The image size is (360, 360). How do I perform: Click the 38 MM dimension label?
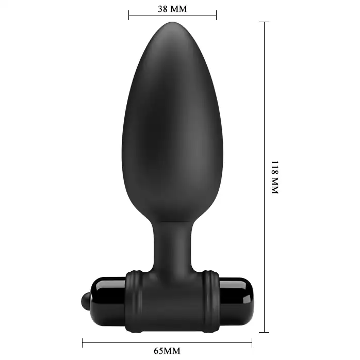pos(172,9)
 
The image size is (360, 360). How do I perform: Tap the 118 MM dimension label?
pos(275,177)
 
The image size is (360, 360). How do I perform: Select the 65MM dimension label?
pos(167,351)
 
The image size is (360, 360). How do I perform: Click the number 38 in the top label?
pos(162,9)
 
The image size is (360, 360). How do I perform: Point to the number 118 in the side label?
pos(275,167)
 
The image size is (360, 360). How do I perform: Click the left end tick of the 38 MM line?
pos(129,15)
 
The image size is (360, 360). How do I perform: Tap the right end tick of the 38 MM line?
pos(216,15)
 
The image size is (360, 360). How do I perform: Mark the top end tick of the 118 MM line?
pos(264,22)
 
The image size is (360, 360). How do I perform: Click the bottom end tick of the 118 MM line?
pos(264,332)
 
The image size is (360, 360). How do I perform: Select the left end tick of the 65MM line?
pos(83,343)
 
